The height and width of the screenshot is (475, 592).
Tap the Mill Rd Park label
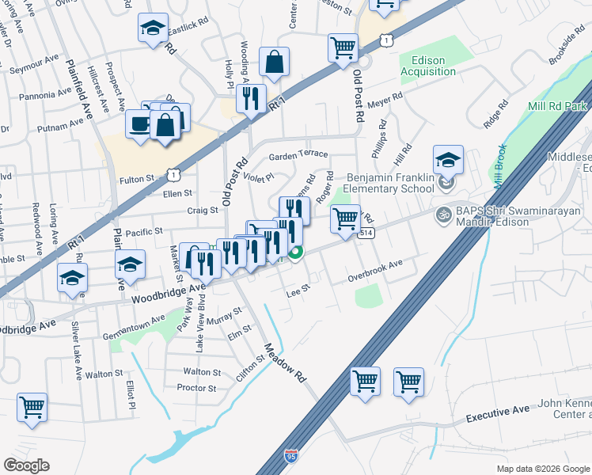[557, 106]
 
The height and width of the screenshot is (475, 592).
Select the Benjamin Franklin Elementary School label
[391, 184]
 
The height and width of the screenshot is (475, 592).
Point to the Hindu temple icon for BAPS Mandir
[443, 214]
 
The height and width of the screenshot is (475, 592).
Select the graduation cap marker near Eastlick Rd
[153, 28]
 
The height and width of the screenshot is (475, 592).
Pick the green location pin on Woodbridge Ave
[295, 253]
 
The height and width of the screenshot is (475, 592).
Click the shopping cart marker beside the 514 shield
[345, 218]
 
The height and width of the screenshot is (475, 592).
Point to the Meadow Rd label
[285, 363]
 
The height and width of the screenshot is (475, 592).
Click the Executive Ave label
[497, 415]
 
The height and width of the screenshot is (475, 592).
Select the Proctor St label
[197, 388]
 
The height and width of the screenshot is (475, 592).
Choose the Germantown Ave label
[134, 326]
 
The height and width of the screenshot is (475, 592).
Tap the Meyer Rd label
[385, 99]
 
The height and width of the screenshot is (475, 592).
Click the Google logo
[27, 465]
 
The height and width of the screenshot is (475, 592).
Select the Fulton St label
[137, 180]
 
